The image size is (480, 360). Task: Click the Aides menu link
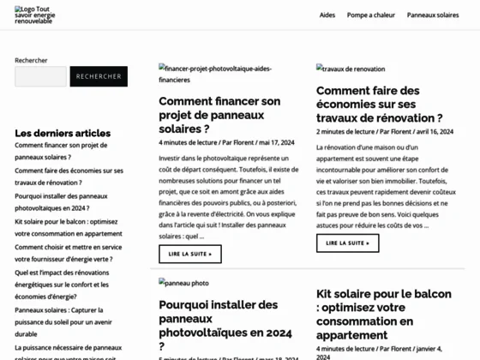pyautogui.click(x=327, y=15)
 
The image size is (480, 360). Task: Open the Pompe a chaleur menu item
pyautogui.click(x=370, y=15)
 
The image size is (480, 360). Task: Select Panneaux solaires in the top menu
pyautogui.click(x=433, y=15)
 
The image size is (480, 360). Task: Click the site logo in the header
pyautogui.click(x=35, y=15)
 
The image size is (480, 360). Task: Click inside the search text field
pyautogui.click(x=40, y=76)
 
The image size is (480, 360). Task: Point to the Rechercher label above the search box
pyautogui.click(x=31, y=60)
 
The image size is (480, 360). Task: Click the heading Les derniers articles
pyautogui.click(x=63, y=133)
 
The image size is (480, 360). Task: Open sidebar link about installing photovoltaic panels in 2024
pyautogui.click(x=61, y=201)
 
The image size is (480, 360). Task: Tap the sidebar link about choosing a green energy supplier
pyautogui.click(x=68, y=252)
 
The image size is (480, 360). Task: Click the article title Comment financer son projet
pyautogui.click(x=219, y=113)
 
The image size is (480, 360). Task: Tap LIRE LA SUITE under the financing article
pyautogui.click(x=190, y=254)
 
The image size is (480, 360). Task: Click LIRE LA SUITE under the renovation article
pyautogui.click(x=347, y=243)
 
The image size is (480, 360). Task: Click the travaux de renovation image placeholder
pyautogui.click(x=351, y=69)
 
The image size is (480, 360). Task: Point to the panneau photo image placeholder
pyautogui.click(x=183, y=282)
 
